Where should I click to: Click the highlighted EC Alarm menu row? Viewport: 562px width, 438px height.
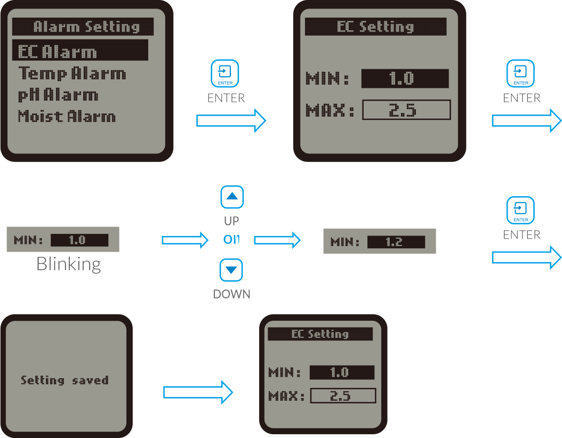[x=81, y=50]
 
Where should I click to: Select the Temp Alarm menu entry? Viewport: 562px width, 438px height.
[x=72, y=74]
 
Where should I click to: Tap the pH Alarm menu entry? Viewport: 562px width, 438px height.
[x=58, y=95]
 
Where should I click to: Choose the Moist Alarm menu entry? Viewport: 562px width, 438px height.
[x=67, y=116]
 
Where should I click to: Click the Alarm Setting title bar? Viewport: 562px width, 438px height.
[x=83, y=27]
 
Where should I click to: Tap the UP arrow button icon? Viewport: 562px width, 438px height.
[x=232, y=197]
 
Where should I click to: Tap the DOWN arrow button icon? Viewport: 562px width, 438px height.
[x=231, y=270]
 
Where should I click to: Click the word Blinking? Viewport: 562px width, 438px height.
[x=69, y=264]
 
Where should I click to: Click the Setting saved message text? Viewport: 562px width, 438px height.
[x=65, y=380]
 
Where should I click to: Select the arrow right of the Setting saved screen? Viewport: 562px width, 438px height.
[x=198, y=393]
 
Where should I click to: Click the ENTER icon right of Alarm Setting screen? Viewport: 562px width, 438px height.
[x=224, y=74]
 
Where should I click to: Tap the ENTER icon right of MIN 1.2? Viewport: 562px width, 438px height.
[x=520, y=210]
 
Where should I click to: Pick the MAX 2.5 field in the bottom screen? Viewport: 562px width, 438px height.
[x=343, y=396]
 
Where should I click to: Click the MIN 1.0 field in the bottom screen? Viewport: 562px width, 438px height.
[x=342, y=372]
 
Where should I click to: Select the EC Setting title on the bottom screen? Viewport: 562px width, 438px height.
[x=320, y=334]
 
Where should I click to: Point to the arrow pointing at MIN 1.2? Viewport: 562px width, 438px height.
[x=277, y=240]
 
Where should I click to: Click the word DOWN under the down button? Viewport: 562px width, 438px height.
[x=231, y=294]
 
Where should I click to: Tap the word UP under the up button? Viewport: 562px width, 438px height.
[x=231, y=221]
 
